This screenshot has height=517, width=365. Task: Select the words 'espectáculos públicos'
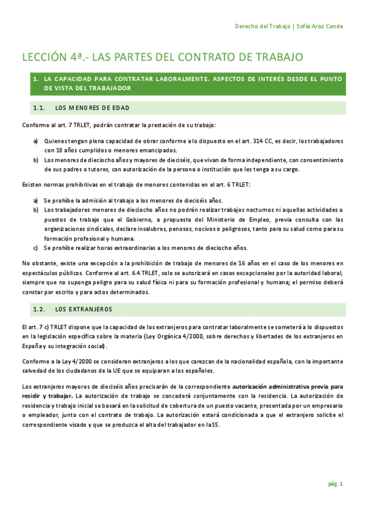50,272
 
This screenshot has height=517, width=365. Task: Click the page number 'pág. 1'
336,484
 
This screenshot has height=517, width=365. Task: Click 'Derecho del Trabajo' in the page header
263,26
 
